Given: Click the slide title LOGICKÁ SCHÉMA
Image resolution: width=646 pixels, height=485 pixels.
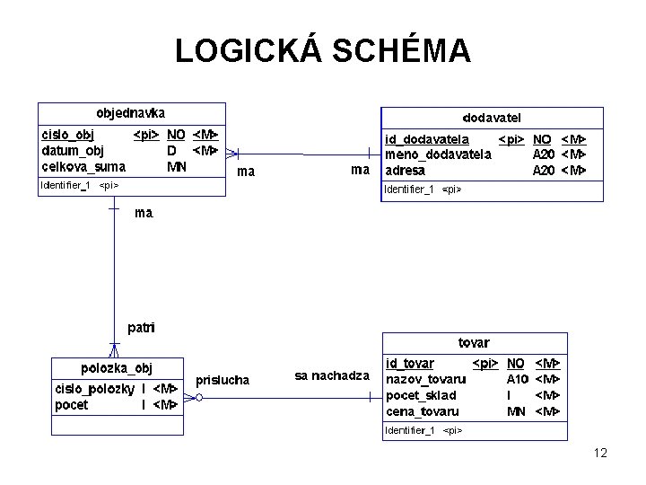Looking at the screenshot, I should [323, 51].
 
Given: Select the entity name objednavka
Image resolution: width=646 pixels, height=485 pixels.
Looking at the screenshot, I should [131, 113].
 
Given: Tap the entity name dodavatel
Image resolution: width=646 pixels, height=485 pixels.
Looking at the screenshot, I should [492, 118].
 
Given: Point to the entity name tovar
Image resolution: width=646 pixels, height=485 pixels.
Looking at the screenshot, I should [474, 342].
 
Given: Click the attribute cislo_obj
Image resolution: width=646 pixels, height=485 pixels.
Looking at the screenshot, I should [68, 135].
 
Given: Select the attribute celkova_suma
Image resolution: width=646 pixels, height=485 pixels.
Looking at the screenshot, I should [83, 166].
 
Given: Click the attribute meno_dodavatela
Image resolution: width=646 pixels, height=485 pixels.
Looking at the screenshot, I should [438, 154].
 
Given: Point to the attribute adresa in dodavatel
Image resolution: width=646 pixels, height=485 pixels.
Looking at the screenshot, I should [405, 170].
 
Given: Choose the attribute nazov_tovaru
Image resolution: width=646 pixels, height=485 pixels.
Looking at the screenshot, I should [425, 379].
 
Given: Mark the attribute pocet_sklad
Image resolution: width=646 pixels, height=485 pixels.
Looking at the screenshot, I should [421, 395].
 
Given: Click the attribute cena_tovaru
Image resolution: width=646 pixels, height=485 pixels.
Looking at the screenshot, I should [422, 411].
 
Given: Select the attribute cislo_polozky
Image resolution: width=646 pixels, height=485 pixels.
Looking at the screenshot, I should [95, 389].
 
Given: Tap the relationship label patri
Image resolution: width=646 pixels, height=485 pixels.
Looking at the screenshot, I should [139, 328].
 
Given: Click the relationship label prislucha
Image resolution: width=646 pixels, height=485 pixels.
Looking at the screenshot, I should [223, 380].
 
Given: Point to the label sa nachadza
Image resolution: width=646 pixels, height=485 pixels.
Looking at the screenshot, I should [332, 375].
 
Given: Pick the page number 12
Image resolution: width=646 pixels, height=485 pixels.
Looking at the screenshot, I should [600, 453].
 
